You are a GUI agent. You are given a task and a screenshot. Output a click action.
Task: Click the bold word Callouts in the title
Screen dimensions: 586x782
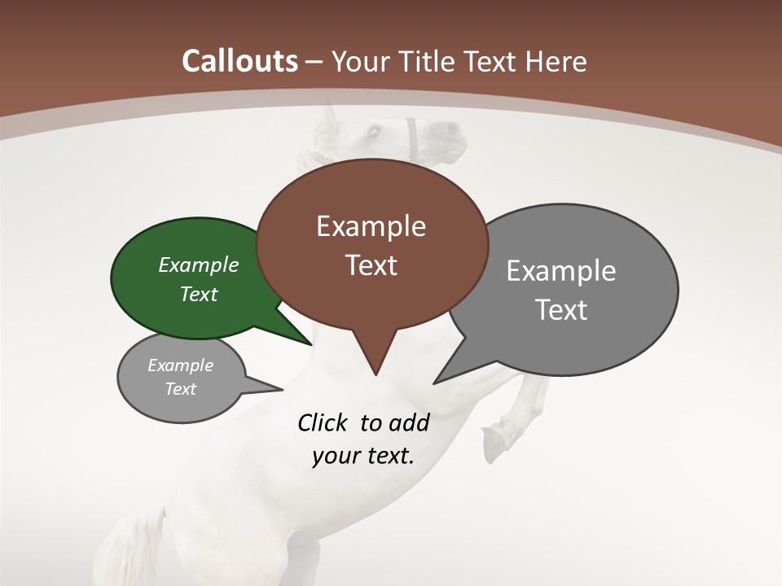pos(239,61)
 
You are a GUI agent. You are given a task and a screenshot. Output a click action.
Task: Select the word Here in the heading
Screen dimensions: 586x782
pos(557,61)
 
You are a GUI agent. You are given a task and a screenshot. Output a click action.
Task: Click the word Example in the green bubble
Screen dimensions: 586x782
pos(199,265)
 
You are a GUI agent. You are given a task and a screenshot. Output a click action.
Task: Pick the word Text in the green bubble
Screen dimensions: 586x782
pos(199,294)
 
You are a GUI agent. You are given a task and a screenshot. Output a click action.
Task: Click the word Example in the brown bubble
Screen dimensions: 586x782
pos(371,226)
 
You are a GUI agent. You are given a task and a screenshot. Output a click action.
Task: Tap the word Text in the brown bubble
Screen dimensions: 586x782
pos(371,265)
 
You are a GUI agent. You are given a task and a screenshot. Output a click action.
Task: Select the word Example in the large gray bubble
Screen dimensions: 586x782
pos(561,270)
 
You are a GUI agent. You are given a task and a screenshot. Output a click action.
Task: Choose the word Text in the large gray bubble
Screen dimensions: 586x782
pos(561,309)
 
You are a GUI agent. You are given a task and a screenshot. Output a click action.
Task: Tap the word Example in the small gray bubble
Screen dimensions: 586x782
pos(180,365)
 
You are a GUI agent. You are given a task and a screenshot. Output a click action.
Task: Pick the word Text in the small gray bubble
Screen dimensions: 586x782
pos(180,389)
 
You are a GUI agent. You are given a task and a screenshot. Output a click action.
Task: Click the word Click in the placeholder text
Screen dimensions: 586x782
pos(323,422)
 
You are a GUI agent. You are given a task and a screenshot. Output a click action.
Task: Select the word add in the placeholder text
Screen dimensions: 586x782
pos(409,422)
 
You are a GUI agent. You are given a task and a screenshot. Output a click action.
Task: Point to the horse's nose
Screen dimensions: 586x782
pos(449,129)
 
